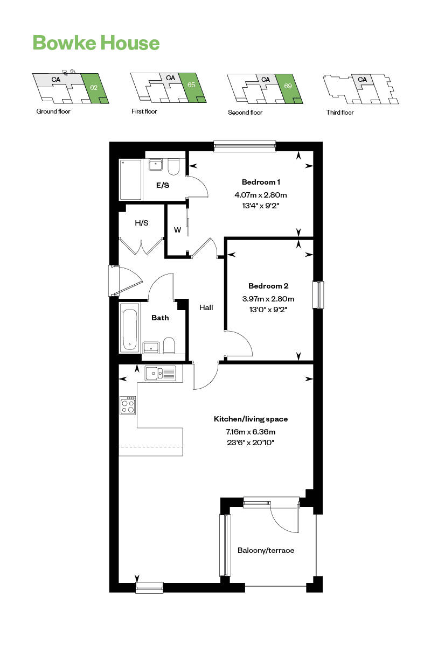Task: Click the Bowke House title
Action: pyautogui.click(x=96, y=43)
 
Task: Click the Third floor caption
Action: pyautogui.click(x=340, y=113)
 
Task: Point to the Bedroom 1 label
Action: pyautogui.click(x=261, y=182)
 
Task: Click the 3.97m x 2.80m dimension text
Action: pyautogui.click(x=272, y=299)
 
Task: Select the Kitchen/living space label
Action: pyautogui.click(x=251, y=419)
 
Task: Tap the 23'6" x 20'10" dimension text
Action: pyautogui.click(x=251, y=443)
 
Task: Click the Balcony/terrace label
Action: pyautogui.click(x=266, y=551)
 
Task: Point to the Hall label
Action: pyautogui.click(x=206, y=308)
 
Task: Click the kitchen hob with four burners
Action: pyautogui.click(x=128, y=405)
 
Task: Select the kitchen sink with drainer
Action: pyautogui.click(x=160, y=373)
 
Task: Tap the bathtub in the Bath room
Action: pyautogui.click(x=129, y=328)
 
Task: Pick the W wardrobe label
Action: pyautogui.click(x=177, y=230)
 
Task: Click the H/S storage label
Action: pyautogui.click(x=141, y=222)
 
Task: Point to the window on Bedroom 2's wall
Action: pyautogui.click(x=319, y=295)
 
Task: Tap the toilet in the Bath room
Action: pyautogui.click(x=169, y=345)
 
